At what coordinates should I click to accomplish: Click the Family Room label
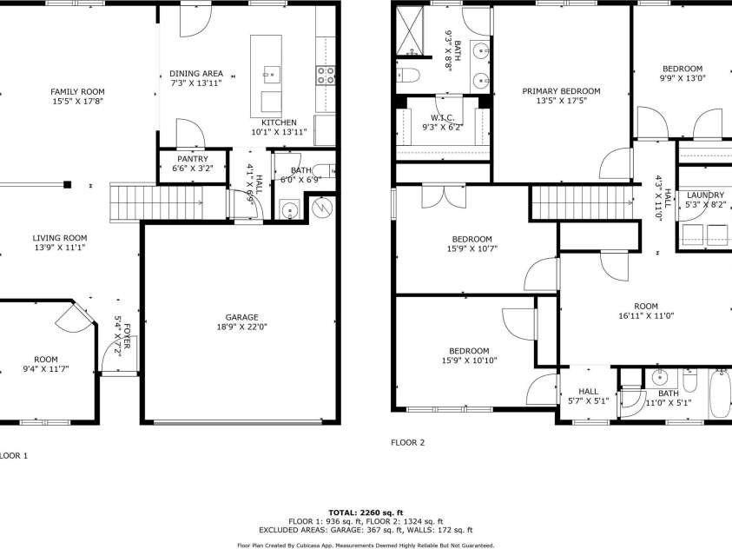click(x=77, y=91)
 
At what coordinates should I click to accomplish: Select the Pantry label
click(x=192, y=159)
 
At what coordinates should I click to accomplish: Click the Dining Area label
click(x=196, y=73)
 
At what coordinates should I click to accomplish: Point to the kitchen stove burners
click(x=326, y=76)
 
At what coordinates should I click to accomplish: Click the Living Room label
click(x=60, y=237)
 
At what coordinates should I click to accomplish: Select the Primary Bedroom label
click(x=561, y=90)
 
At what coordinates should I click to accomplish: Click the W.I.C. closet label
click(x=442, y=117)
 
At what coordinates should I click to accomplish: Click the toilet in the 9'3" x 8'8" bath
click(x=409, y=74)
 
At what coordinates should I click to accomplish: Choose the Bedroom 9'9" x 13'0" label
click(x=683, y=69)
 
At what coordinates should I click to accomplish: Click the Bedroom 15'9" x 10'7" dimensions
click(x=472, y=248)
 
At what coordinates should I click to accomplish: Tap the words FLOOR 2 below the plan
click(x=407, y=442)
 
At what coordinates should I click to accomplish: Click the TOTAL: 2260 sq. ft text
click(x=366, y=512)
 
